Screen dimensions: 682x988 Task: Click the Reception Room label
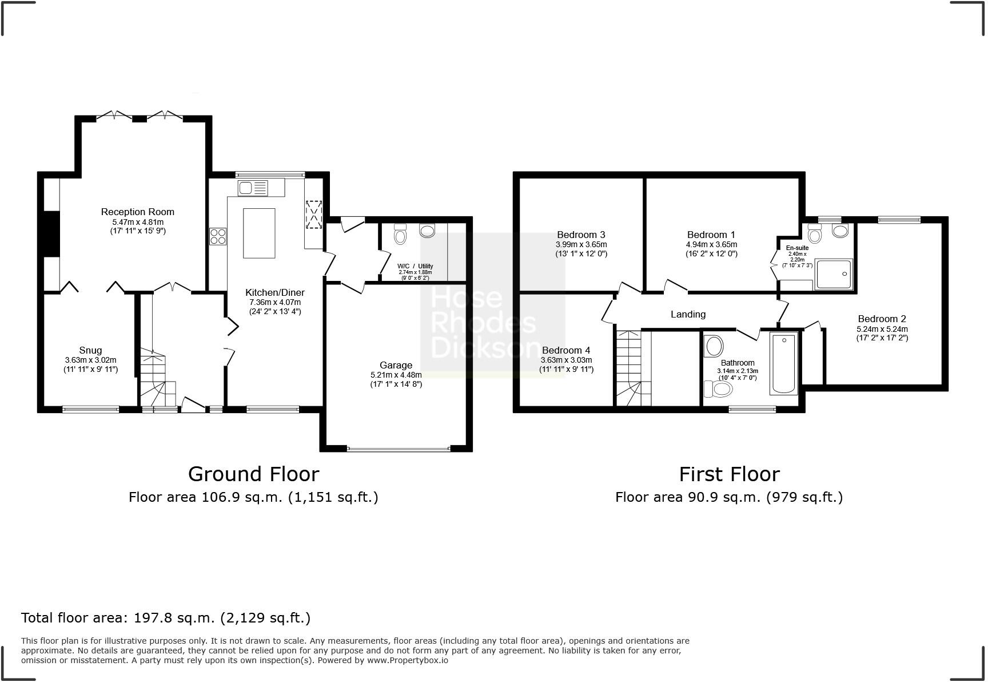click(137, 212)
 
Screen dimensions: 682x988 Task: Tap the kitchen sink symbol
click(253, 188)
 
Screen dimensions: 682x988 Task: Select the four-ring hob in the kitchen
click(218, 236)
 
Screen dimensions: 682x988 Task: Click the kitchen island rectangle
click(259, 233)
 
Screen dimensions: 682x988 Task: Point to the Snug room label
click(90, 350)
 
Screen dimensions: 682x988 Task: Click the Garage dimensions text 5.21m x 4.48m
click(396, 375)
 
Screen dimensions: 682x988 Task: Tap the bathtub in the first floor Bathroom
click(784, 364)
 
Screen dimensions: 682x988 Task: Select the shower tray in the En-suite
click(833, 274)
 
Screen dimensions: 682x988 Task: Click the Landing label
click(688, 314)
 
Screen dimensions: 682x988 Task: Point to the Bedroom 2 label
click(882, 319)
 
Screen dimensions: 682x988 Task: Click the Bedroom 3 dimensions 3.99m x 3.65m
click(581, 244)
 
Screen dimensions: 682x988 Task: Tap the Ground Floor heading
click(253, 474)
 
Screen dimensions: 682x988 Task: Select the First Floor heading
click(729, 474)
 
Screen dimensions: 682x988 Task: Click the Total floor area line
click(166, 618)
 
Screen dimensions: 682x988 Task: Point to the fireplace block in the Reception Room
click(52, 234)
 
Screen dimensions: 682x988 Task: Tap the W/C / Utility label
click(415, 266)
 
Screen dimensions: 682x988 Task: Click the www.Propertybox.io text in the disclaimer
click(407, 660)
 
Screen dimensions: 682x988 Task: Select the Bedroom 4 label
click(566, 350)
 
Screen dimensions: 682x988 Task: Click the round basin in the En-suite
click(840, 231)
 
